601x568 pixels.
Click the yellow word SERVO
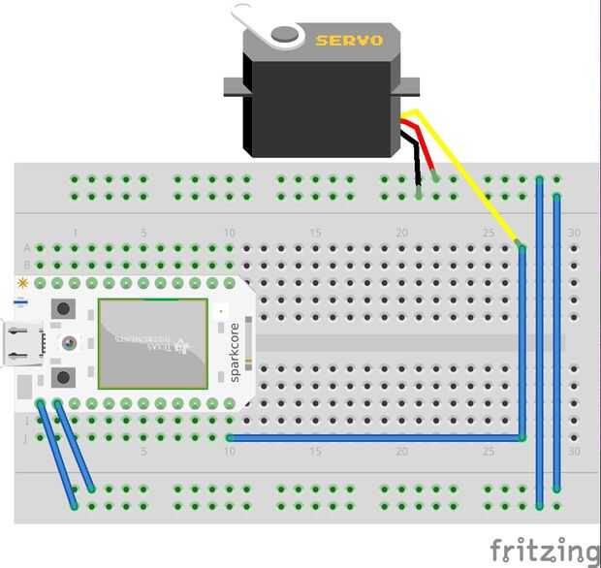349,40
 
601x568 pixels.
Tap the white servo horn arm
260,21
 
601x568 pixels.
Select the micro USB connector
21,344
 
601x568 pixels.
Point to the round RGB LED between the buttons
69,342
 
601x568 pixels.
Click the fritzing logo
543,551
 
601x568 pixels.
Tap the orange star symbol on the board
21,283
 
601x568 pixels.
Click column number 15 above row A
315,234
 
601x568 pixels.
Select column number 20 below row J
401,452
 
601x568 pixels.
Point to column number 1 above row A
76,234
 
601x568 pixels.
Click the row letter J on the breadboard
26,438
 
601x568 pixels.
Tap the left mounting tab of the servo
234,87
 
